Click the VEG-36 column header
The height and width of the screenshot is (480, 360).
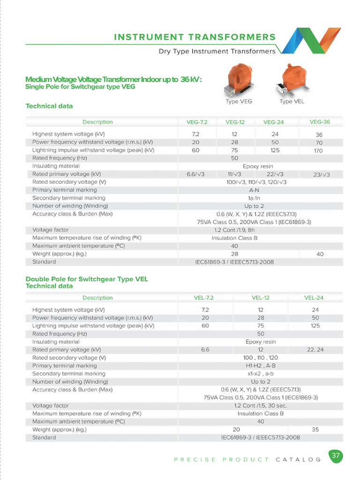tap(320, 122)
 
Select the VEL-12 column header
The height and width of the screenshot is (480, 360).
tap(261, 298)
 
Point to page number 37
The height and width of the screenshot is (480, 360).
tap(336, 456)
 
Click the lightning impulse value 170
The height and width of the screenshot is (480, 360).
tap(319, 151)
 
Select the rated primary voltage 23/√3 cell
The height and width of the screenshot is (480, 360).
tap(322, 175)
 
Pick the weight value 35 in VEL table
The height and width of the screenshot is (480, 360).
tap(315, 429)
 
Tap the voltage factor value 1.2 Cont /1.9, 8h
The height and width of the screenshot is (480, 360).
tap(234, 230)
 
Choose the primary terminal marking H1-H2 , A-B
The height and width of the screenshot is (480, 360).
tap(261, 366)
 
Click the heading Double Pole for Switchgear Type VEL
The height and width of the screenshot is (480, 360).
tap(87, 279)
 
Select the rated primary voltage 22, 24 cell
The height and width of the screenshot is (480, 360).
tap(315, 350)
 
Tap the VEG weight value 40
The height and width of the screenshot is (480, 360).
tap(320, 254)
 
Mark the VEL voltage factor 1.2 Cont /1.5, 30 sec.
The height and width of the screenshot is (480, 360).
tap(261, 405)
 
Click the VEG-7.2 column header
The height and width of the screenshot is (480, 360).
tap(197, 122)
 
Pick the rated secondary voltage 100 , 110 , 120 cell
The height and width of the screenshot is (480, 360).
tap(261, 358)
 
